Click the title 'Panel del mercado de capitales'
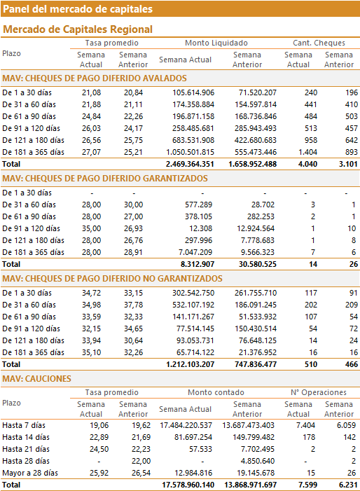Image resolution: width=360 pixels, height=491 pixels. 78,9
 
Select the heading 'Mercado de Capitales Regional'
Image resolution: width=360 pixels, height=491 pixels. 78,29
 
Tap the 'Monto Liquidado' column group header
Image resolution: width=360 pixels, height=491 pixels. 216,43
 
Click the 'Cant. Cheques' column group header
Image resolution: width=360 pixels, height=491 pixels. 319,43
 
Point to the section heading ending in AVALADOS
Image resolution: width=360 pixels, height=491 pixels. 95,78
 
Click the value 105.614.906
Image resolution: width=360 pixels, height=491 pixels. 193,92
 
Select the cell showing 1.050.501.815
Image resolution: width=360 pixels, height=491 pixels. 190,152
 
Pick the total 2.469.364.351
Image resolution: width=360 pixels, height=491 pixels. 190,164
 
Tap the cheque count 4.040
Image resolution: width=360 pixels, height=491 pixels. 307,164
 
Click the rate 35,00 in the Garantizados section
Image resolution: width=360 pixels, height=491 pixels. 92,228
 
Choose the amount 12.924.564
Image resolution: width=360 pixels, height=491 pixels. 256,228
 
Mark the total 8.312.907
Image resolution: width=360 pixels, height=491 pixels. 198,264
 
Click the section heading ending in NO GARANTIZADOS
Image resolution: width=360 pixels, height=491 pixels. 112,279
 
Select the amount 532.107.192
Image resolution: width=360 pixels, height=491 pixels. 193,305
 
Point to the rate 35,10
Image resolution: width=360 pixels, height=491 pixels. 92,352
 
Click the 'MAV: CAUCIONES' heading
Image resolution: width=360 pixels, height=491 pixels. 36,379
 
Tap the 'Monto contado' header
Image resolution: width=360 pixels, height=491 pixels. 216,392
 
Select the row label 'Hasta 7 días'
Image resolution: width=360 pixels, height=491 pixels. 24,425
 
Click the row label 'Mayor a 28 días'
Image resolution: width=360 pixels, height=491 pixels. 30,473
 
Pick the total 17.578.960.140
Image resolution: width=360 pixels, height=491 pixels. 188,485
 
